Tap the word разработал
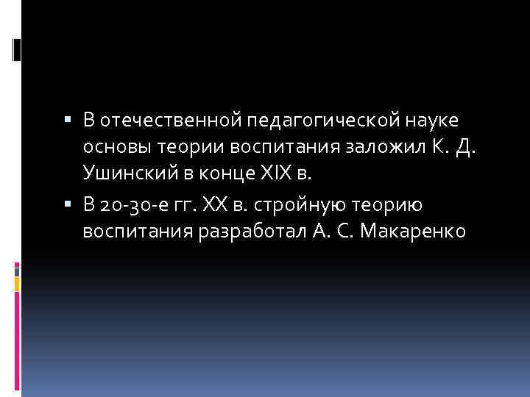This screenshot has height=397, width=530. coord(252,232)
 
